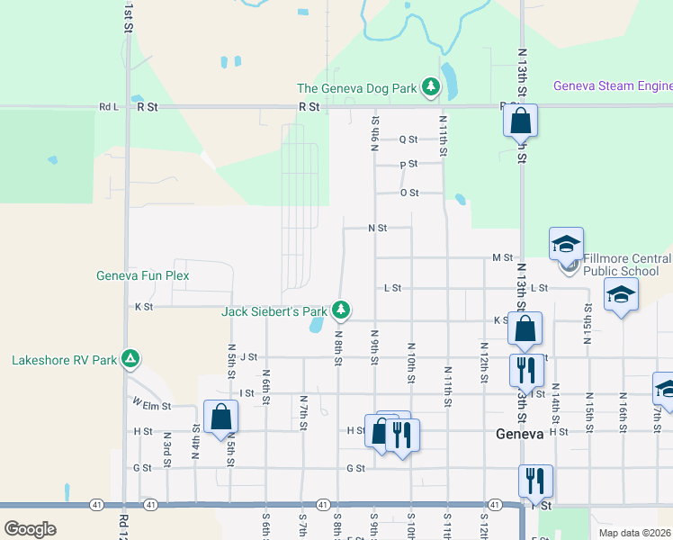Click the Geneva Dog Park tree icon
[432, 87]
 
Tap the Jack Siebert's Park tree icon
[341, 310]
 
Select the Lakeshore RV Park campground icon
[130, 360]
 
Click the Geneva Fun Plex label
[143, 275]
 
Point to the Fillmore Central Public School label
[627, 264]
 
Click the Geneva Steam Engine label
[613, 86]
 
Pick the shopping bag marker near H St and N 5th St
[220, 418]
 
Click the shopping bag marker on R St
[520, 121]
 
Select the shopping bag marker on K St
[525, 328]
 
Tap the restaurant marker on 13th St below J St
[525, 369]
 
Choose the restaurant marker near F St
[536, 481]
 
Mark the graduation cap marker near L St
[621, 295]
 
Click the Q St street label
[408, 139]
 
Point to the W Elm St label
[150, 404]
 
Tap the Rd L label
[109, 106]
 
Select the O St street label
[409, 193]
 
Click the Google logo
[30, 528]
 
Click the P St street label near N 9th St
[408, 164]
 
